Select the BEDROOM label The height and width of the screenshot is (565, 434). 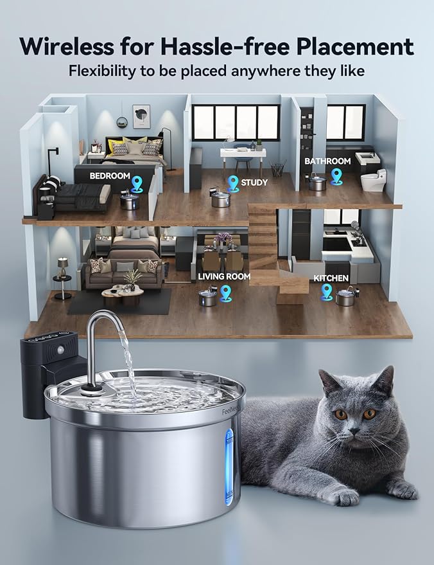tap(109, 175)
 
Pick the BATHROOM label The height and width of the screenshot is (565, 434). tap(327, 161)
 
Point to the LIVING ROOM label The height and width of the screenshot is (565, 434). tap(224, 276)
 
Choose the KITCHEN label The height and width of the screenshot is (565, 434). tap(331, 278)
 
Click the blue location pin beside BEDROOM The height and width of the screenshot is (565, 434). tap(137, 185)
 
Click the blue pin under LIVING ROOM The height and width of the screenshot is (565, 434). tap(225, 293)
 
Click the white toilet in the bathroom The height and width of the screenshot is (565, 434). tap(372, 180)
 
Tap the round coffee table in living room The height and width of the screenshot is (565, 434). tap(122, 294)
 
